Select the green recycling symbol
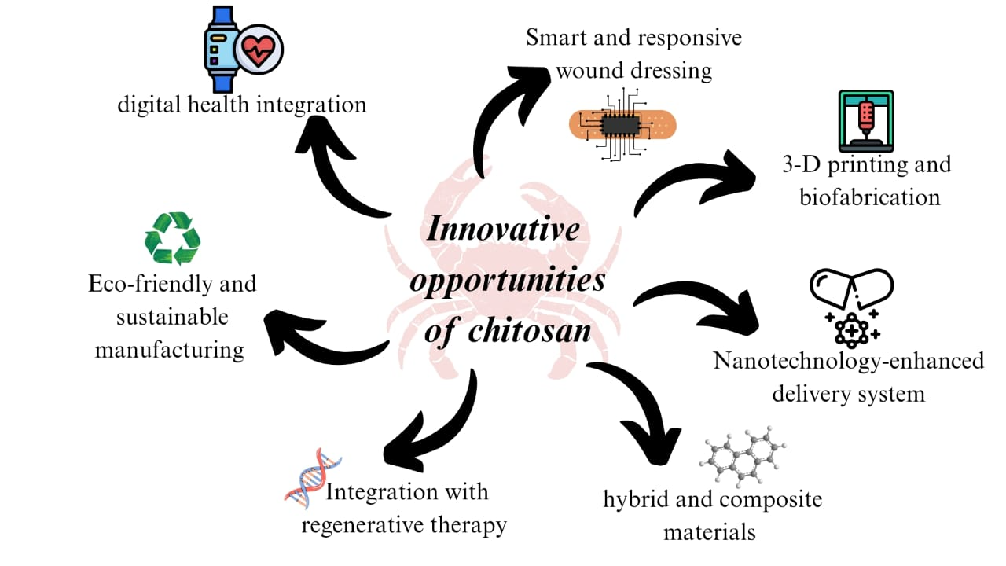(x=172, y=238)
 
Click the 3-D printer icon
(x=865, y=121)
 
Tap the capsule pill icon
(x=852, y=288)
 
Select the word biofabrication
(x=869, y=197)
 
